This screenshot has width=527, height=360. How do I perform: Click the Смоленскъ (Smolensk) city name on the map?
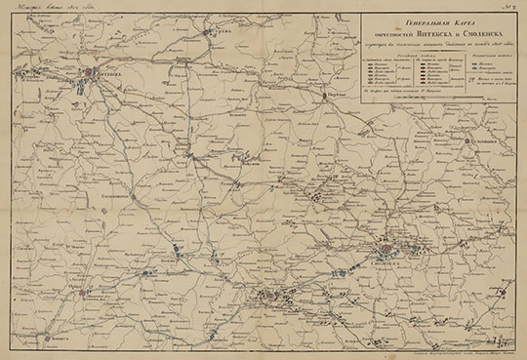coord(386,260)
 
